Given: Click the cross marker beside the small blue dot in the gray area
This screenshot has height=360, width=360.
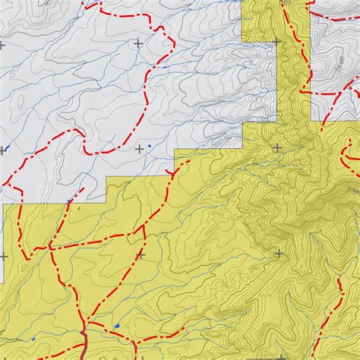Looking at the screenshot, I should pos(139,150).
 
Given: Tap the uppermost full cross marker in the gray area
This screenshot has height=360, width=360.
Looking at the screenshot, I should pos(137,43).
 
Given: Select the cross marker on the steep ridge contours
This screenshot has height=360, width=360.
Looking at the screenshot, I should pos(279,254).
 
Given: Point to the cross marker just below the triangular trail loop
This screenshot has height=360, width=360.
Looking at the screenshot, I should pos(140,255).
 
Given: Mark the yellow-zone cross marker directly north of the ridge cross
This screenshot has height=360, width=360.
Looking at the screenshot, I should pos(277,147).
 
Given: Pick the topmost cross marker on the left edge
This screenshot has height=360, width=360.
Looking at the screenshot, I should pos(2,45).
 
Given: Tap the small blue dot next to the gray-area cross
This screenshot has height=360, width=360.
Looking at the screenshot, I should pos(150,146).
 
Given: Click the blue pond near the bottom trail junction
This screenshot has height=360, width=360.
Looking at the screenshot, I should pos(118,327).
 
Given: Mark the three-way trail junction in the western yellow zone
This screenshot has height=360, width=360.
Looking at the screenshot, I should pos(50,247).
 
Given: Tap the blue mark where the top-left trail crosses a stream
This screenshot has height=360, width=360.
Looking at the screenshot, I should pos(165,67).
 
